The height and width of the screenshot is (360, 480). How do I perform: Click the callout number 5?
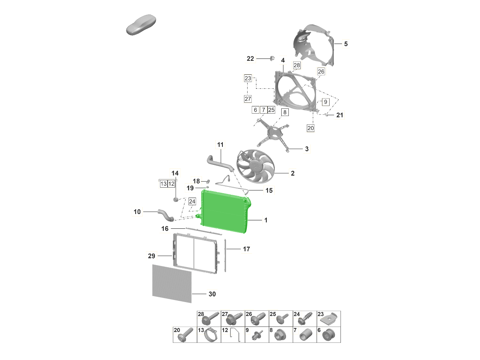[x=346, y=44]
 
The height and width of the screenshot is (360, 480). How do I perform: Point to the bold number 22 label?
[x=250, y=58]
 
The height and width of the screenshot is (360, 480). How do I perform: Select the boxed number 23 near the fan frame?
[x=248, y=78]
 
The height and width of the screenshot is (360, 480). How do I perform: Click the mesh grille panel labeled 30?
[x=172, y=284]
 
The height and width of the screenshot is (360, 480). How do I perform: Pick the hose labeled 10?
[x=166, y=215]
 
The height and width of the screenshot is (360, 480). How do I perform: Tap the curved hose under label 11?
[x=220, y=163]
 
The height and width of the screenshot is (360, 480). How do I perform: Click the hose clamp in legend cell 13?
[x=210, y=336]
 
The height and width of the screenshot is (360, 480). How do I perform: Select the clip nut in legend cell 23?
[x=329, y=320]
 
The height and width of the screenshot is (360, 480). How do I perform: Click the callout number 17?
[x=246, y=249]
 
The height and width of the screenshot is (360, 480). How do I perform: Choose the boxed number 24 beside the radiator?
[x=192, y=201]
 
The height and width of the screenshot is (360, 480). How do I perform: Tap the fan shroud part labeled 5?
[x=314, y=45]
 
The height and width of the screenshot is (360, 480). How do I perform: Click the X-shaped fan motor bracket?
[x=273, y=135]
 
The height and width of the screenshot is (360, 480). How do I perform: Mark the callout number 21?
[x=339, y=115]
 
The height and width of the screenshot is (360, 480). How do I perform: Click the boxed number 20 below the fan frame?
[x=310, y=128]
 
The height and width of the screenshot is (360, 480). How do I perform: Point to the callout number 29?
[x=151, y=256]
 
